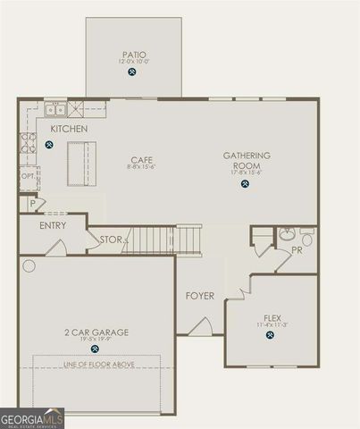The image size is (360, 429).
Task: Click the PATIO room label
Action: click(133, 55)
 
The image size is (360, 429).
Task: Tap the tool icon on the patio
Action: click(132, 72)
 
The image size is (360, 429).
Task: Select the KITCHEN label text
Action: click(69, 130)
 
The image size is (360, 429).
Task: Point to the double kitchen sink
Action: click(55, 110)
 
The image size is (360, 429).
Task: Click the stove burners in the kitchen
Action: click(29, 142)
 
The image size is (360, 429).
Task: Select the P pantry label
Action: click(32, 204)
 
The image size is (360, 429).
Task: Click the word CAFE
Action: click(142, 160)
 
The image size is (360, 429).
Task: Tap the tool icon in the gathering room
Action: click(245, 185)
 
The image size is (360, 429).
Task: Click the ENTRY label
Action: click(53, 225)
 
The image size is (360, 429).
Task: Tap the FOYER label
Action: click(199, 296)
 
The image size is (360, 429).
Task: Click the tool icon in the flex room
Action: click(271, 336)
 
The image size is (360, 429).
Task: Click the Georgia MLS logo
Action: click(32, 418)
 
